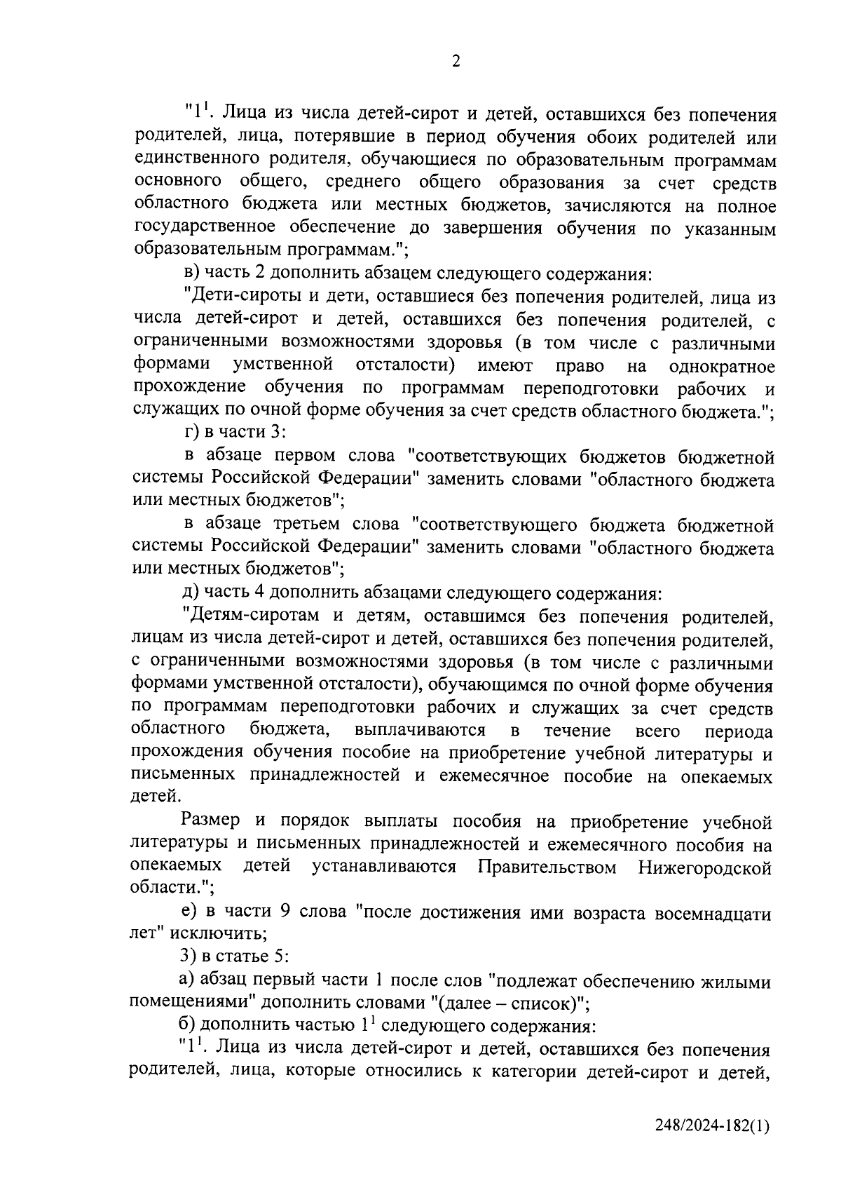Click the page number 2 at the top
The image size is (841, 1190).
click(456, 62)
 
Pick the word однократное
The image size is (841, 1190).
click(722, 366)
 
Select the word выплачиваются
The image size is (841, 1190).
click(420, 731)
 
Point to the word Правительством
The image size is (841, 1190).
click(547, 867)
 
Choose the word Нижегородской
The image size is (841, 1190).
click(705, 867)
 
